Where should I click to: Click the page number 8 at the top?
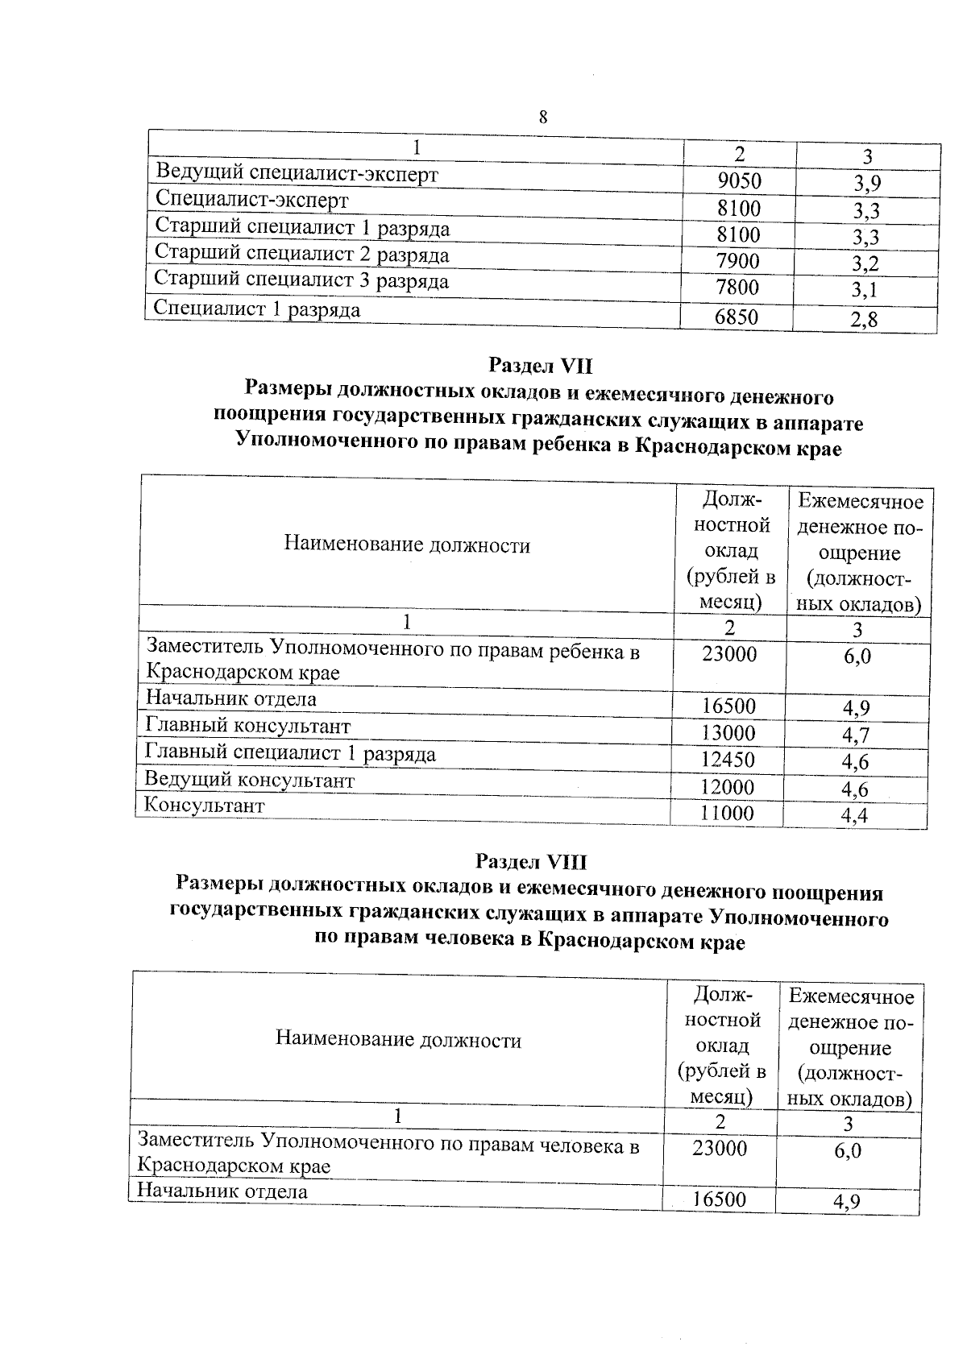(x=542, y=118)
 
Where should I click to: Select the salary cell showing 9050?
(x=738, y=182)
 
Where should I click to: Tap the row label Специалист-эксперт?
(x=251, y=200)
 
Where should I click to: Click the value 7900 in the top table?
(x=737, y=262)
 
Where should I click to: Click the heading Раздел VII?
(x=541, y=366)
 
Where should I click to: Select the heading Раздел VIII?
(x=531, y=862)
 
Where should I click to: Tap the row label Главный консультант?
(x=247, y=727)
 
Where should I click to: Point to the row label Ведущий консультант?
(x=249, y=780)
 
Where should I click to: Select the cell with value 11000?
(x=727, y=814)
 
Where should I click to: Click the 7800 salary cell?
(x=737, y=288)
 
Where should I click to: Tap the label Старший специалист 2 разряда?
(x=301, y=255)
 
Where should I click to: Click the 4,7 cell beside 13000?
(x=855, y=735)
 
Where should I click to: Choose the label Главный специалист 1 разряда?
(x=290, y=753)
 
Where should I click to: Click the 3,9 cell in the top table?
(x=867, y=184)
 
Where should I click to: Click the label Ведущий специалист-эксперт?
(x=297, y=173)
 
